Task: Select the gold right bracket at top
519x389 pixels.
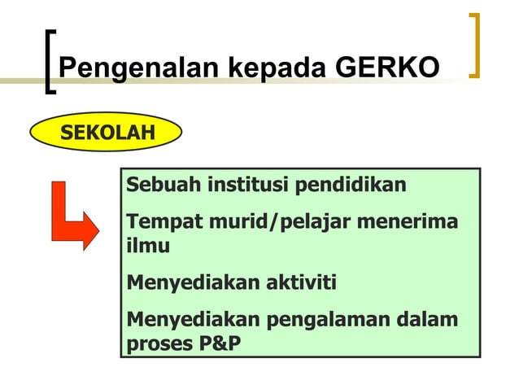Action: pos(475,46)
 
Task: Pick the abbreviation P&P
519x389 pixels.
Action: pos(220,343)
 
